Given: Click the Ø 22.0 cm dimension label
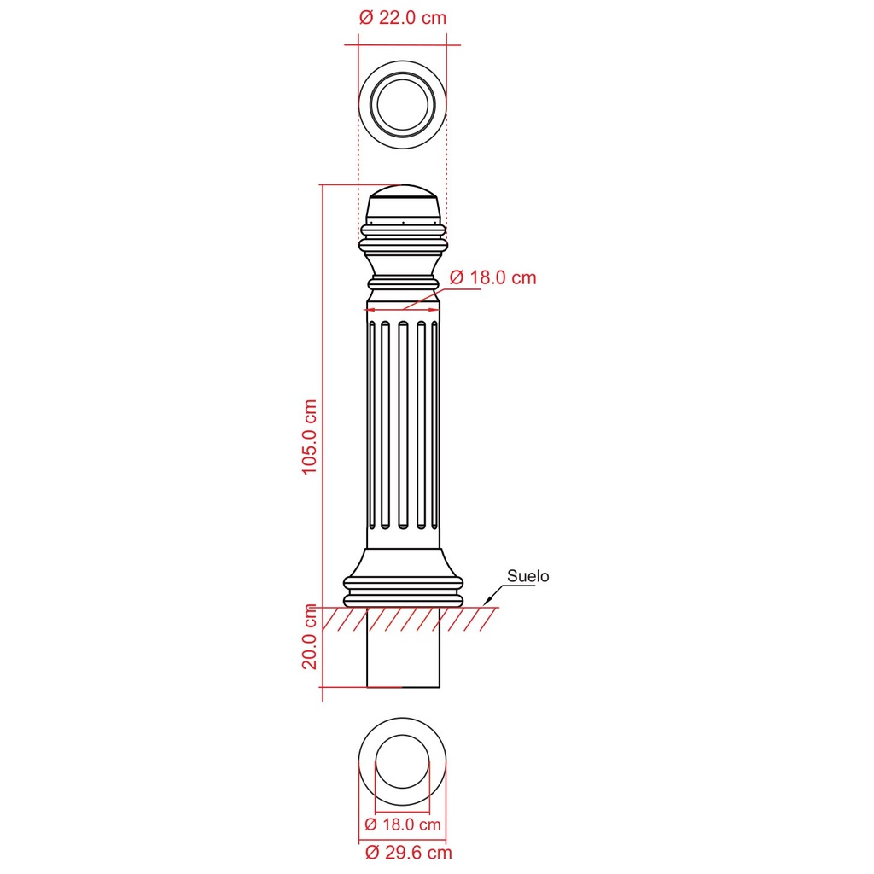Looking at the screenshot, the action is tap(403, 18).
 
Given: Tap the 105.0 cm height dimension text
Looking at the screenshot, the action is tap(309, 437).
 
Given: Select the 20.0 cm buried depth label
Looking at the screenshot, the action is tap(309, 637).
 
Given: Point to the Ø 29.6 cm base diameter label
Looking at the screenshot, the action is tap(409, 853).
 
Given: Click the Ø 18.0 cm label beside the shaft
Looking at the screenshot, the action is tap(492, 277).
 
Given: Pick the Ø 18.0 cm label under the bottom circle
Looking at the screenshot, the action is tap(403, 824).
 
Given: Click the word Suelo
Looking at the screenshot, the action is tap(527, 576).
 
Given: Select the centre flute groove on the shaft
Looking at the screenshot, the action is tap(403, 425).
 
